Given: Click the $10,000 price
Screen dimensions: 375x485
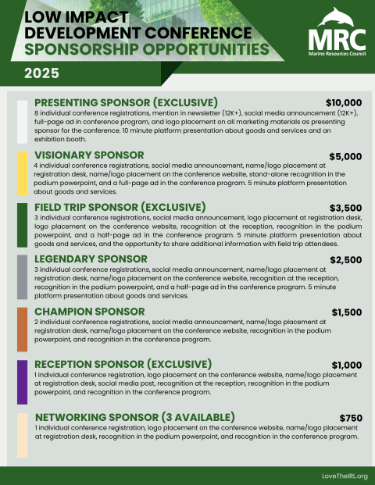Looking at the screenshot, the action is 344,102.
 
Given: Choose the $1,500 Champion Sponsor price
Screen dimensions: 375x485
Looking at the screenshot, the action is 346,312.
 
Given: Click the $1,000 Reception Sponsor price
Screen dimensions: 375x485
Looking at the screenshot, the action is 346,365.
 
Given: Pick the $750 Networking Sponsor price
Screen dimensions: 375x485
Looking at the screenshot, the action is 351,418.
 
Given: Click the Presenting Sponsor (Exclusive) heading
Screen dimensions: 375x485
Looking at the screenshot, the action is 126,103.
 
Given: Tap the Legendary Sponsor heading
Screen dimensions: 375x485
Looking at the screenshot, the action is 92,259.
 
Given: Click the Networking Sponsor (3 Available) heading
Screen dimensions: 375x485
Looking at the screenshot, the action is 134,417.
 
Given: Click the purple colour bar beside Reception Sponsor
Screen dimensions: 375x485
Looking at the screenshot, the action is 22,381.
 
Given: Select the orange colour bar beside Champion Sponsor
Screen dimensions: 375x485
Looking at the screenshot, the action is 22,329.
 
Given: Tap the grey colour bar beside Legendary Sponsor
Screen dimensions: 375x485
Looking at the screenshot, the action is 22,276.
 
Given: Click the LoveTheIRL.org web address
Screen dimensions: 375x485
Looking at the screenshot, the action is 344,476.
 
